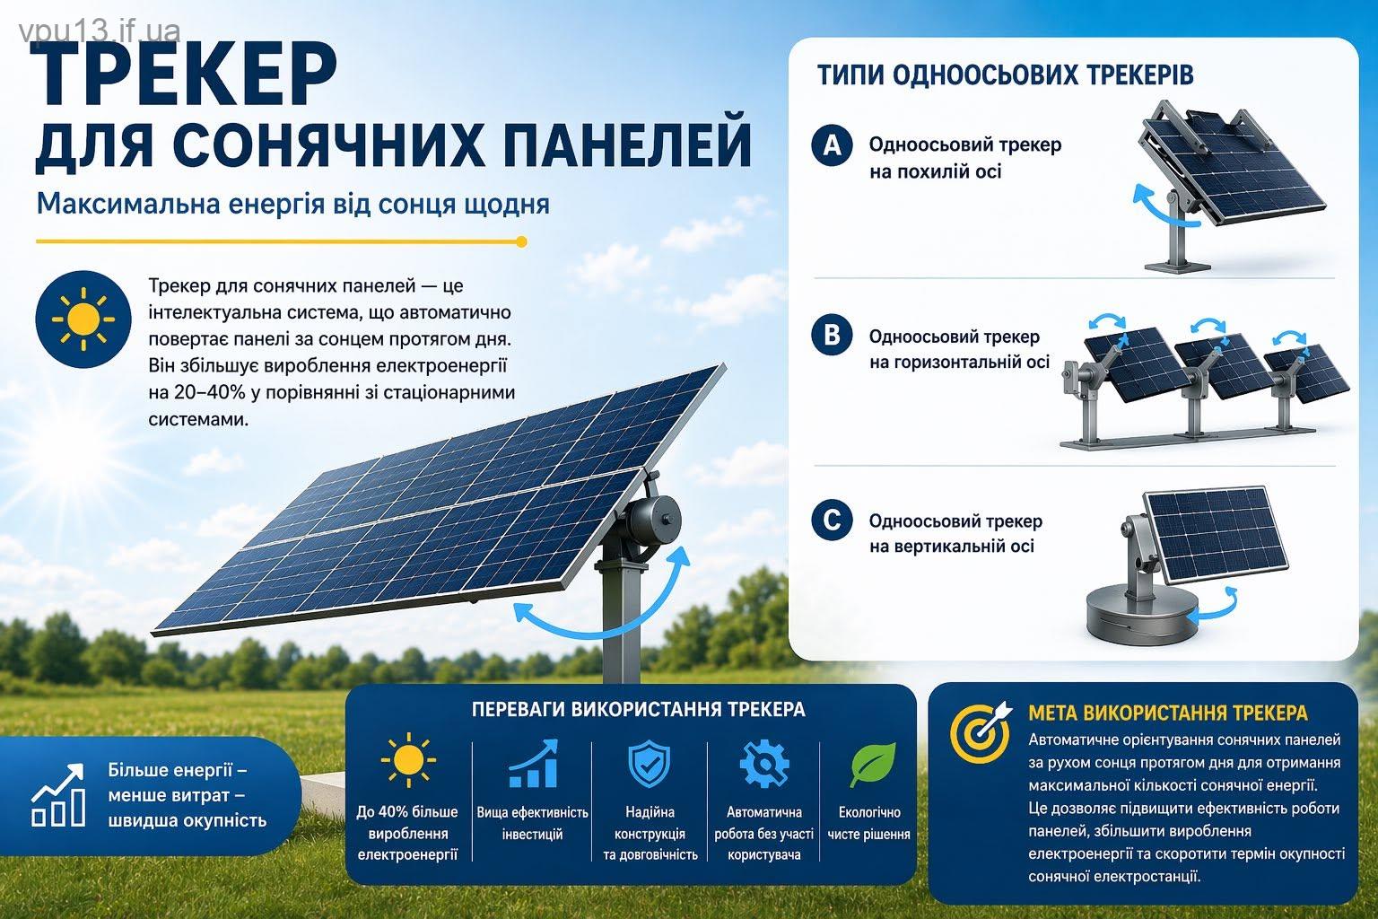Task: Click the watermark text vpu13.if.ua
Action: (x=100, y=31)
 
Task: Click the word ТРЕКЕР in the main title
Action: (x=183, y=75)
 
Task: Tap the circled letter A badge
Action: (x=832, y=145)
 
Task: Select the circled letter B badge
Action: (x=832, y=335)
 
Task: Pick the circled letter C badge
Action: (x=832, y=521)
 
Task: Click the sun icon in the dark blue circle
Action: (x=83, y=319)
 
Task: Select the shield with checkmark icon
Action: (x=649, y=764)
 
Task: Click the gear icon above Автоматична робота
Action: (x=764, y=764)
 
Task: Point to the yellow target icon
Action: (x=981, y=731)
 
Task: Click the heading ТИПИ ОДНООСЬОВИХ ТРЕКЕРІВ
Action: (x=1005, y=75)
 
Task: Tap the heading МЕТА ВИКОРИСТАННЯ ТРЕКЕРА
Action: (x=1167, y=713)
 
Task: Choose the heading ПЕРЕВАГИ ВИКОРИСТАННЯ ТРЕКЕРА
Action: (x=638, y=709)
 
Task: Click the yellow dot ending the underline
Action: (x=521, y=241)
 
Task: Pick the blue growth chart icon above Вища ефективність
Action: (x=533, y=764)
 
